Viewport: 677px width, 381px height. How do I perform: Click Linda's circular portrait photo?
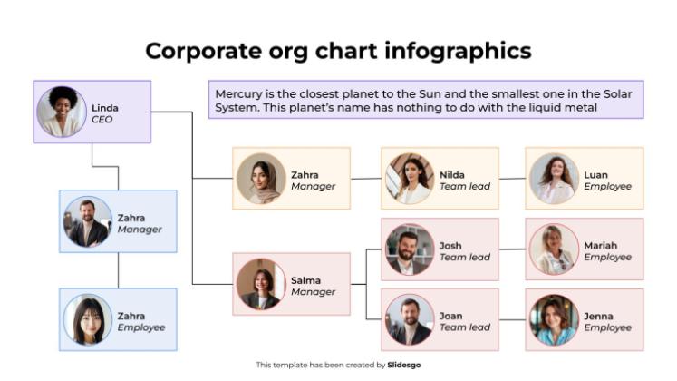coord(62,112)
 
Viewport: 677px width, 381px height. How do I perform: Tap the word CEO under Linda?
coord(102,120)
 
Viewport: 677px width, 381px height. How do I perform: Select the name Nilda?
coord(452,174)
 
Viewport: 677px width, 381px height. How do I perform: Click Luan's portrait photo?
coord(554,179)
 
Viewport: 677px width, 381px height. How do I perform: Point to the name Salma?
coord(305,280)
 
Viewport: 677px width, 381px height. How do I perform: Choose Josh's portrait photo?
coord(409,249)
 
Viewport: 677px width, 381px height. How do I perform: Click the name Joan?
coord(451,316)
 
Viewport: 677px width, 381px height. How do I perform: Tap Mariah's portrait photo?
coord(554,249)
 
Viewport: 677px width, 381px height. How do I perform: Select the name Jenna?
coord(598,316)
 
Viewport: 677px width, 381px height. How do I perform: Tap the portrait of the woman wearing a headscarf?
coord(262,179)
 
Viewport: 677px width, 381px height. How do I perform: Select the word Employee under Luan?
coord(607,187)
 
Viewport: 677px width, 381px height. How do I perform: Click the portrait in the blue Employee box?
coord(88,319)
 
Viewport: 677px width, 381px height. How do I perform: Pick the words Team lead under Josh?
coord(465,258)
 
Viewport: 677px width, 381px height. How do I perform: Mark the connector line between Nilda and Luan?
coord(512,179)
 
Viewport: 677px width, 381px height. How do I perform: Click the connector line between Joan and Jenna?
coord(512,319)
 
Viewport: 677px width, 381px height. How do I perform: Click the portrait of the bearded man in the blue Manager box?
coord(88,221)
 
